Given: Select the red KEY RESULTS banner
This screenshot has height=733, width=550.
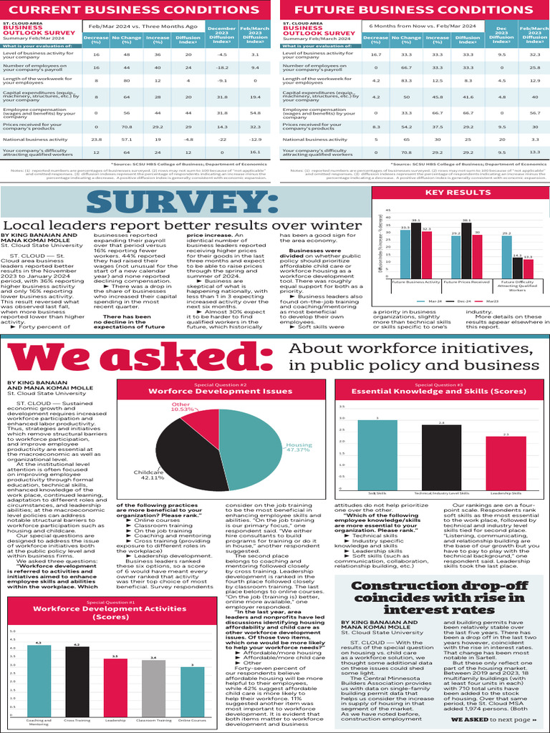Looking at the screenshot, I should coord(458,193).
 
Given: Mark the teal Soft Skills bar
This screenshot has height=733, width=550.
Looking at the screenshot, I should coord(377,454).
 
